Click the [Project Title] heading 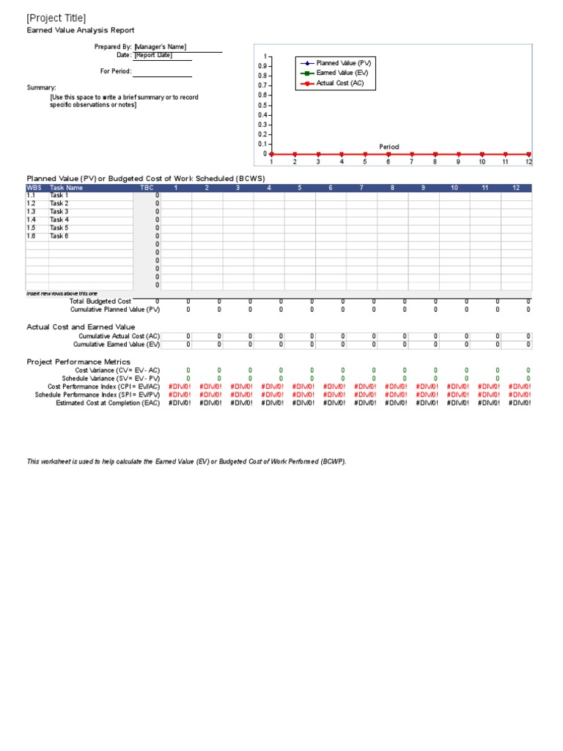coord(56,18)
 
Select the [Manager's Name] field coord(161,47)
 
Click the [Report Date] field coord(153,55)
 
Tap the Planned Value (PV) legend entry coord(338,64)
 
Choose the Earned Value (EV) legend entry coord(336,73)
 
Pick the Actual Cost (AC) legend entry coord(334,84)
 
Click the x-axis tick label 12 coord(528,162)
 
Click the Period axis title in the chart coord(389,147)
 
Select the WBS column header coord(34,188)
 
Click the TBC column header coord(147,188)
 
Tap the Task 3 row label coord(59,212)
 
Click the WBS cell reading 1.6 coord(32,236)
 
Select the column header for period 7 coord(361,188)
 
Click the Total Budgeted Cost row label coord(100,301)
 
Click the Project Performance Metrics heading coord(78,362)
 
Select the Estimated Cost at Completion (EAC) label coord(108,403)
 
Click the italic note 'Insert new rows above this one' coord(62,293)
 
